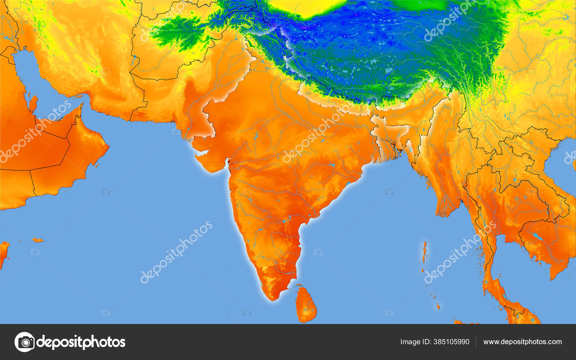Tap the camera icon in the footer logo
tap(24, 342)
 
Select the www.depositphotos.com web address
tap(522, 342)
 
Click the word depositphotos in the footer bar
tap(81, 342)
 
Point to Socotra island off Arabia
tap(37, 240)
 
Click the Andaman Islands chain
tap(425, 252)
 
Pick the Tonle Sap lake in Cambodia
tap(537, 236)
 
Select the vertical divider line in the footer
tap(476, 342)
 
